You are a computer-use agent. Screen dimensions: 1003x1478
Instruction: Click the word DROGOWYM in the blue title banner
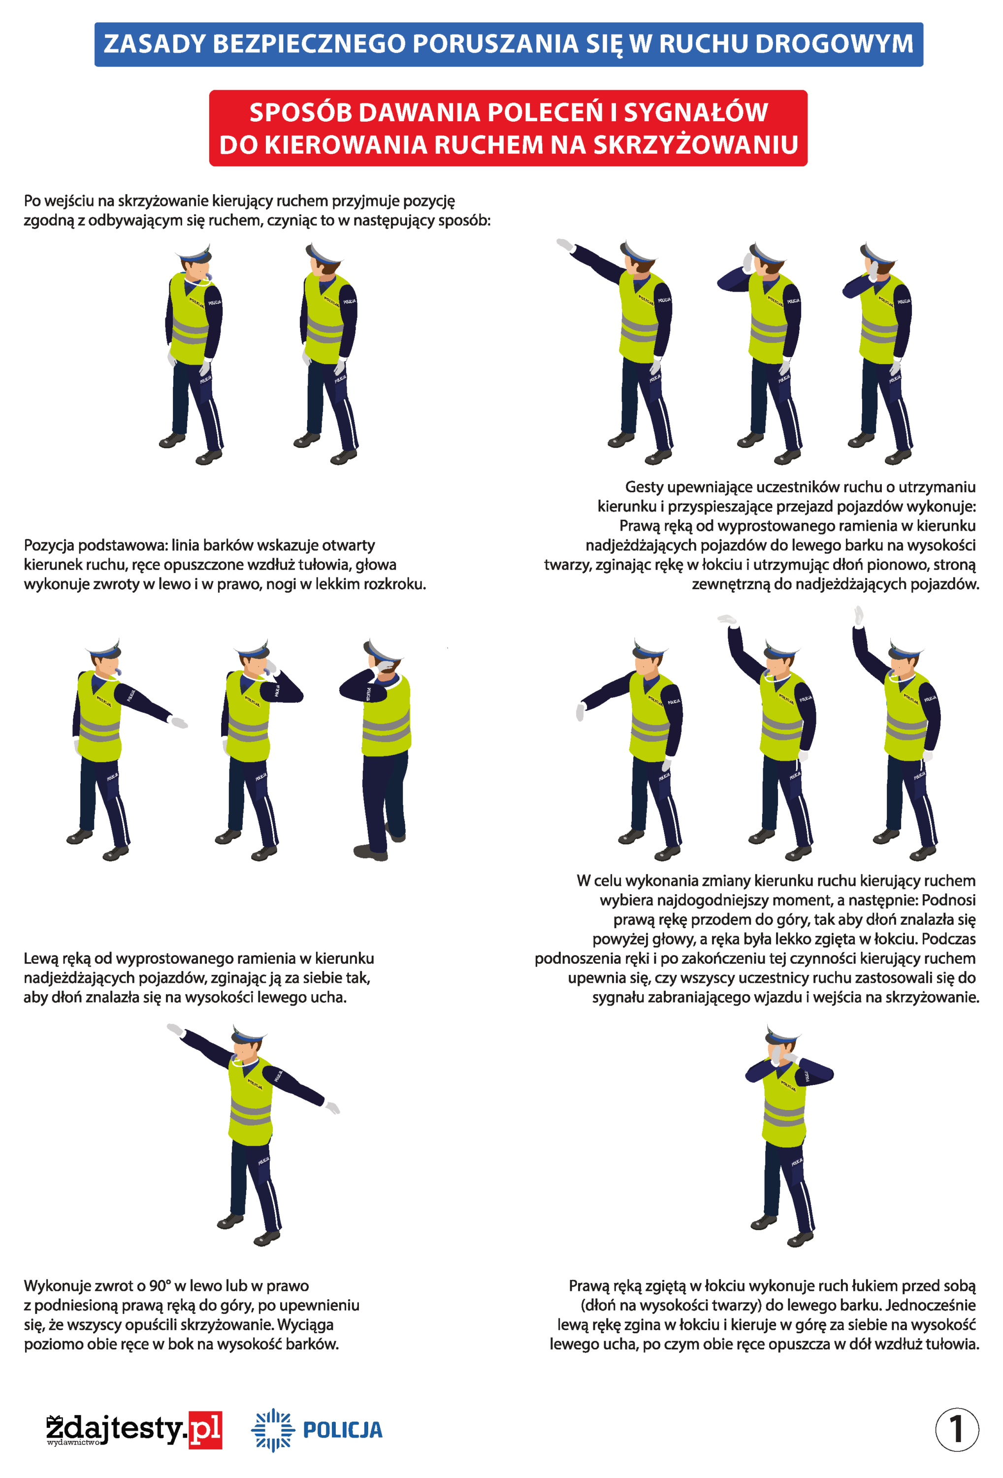coord(835,44)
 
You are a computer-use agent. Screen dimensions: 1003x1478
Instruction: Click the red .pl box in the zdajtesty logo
coord(205,1430)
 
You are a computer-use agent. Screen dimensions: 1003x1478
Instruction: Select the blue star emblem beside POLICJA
coord(273,1430)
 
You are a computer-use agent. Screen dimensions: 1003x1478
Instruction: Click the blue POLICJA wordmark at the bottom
coord(343,1430)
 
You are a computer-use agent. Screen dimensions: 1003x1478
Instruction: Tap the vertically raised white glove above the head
coord(859,616)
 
